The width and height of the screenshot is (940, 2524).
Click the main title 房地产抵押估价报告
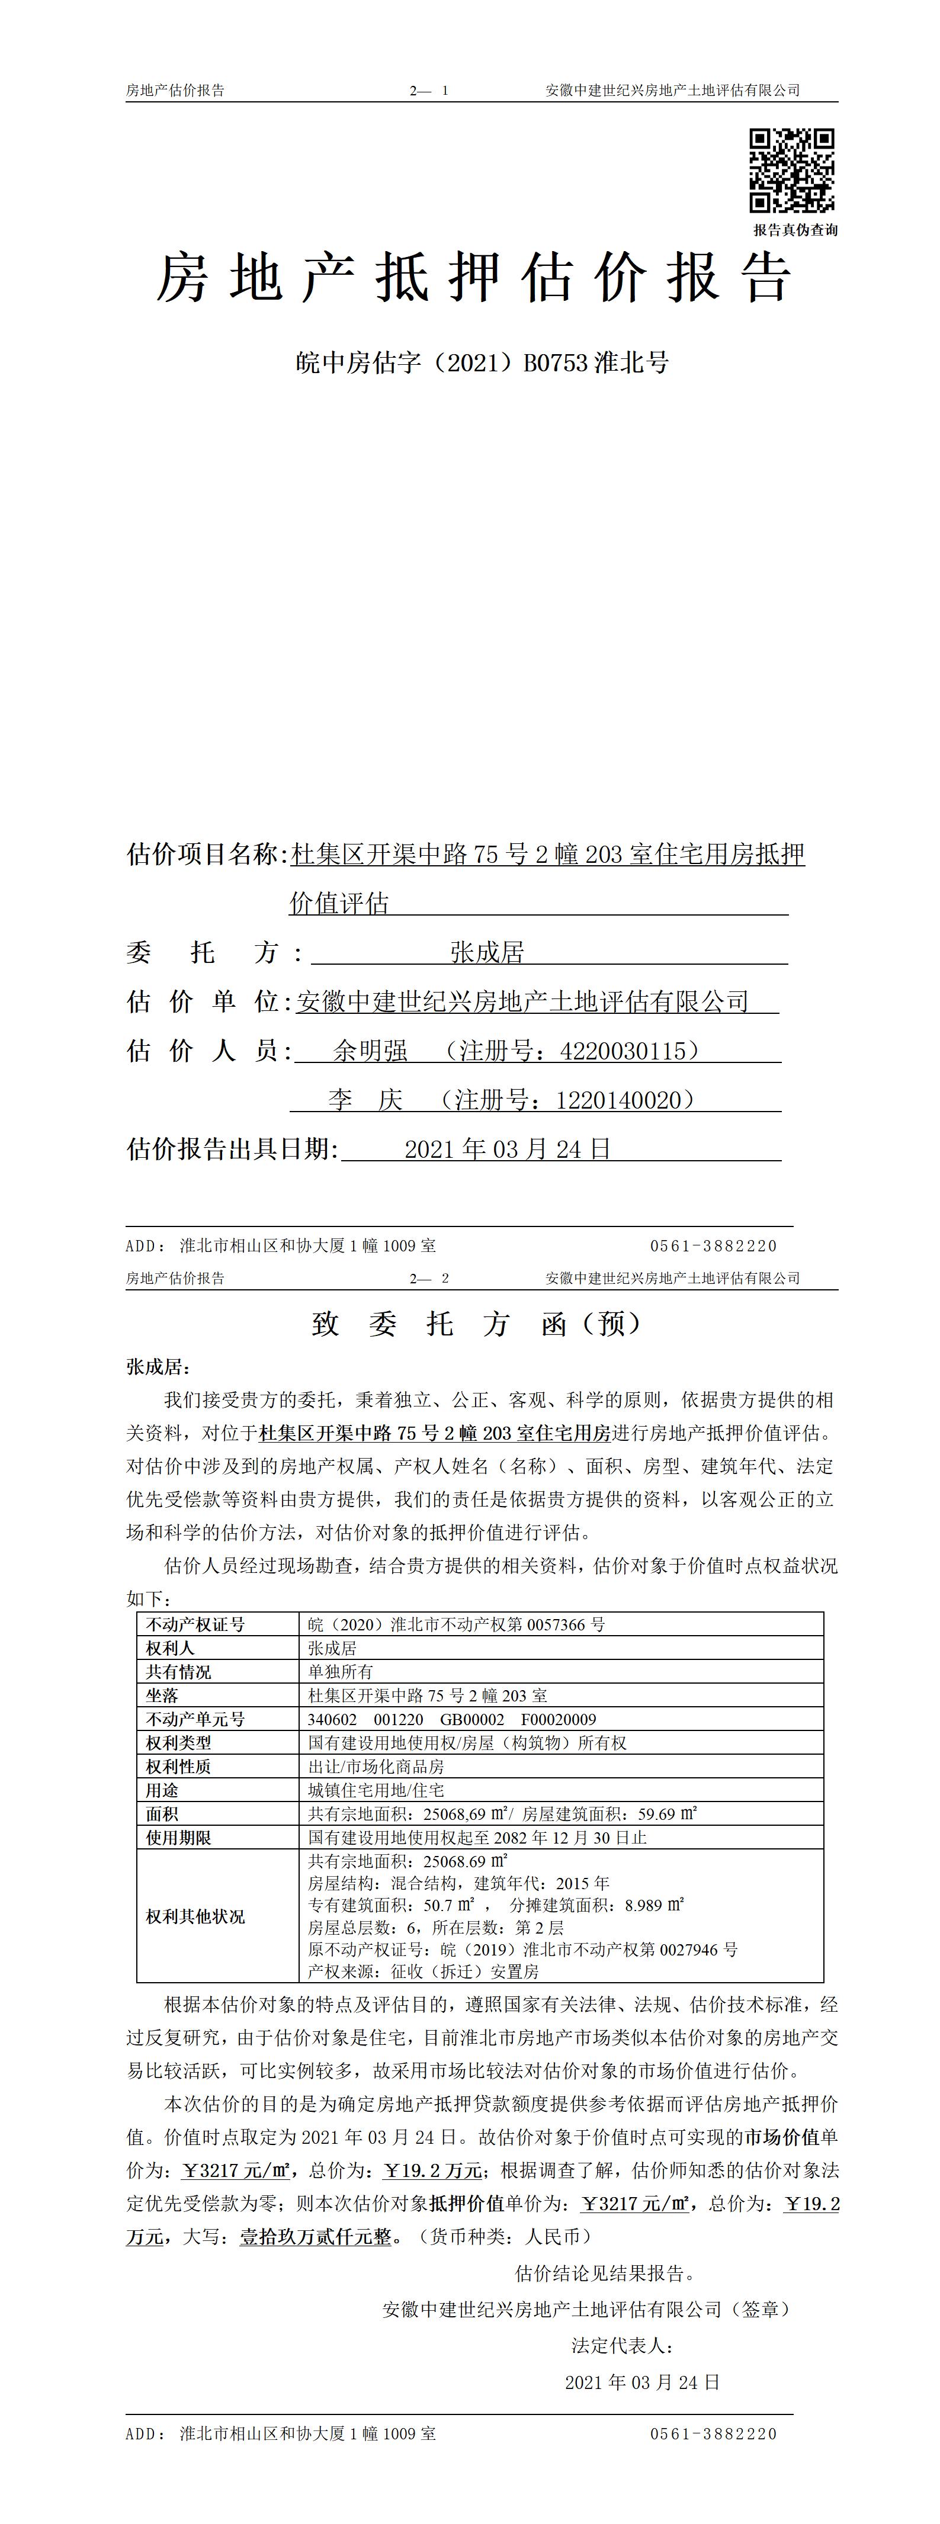coord(473,278)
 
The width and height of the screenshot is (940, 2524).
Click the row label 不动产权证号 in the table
coord(195,1624)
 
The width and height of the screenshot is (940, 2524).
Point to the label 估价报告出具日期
coord(232,1149)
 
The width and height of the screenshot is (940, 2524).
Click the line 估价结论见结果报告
coord(605,2273)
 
